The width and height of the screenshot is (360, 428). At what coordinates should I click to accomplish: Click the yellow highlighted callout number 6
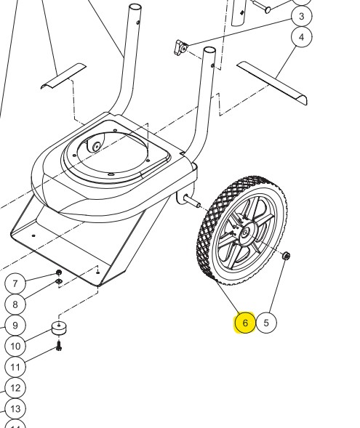pos(245,323)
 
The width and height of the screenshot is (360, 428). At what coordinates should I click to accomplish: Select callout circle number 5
pos(266,323)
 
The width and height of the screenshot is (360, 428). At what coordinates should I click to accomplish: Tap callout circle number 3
pos(301,16)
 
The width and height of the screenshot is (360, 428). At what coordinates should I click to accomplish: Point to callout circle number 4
pos(301,37)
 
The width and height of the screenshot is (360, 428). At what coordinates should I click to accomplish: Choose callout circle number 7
pos(15,283)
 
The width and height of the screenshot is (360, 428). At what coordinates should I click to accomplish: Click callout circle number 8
pos(15,304)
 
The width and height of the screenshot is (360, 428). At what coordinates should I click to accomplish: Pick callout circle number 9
pos(15,325)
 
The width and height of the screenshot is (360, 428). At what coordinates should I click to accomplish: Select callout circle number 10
pos(15,346)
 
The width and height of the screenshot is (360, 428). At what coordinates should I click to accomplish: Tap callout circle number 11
pos(15,367)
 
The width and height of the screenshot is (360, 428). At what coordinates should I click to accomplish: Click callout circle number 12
pos(15,388)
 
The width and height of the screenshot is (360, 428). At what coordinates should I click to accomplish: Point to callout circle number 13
pos(15,409)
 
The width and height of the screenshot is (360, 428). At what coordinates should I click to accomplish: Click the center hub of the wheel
pos(246,233)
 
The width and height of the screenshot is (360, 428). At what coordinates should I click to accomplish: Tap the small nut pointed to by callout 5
pos(286,256)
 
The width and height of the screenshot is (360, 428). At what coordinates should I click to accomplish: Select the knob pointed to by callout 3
pos(180,47)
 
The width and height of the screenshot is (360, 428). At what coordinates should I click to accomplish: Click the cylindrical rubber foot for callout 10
pos(59,328)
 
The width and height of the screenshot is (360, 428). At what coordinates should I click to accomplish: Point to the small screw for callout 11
pos(59,346)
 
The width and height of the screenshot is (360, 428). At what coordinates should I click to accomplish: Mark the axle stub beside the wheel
pos(193,202)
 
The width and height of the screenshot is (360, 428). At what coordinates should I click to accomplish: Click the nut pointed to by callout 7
pos(58,272)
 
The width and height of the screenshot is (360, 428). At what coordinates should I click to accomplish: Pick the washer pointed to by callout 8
pos(59,281)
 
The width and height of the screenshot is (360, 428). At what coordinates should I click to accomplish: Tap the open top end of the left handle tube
pos(135,7)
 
